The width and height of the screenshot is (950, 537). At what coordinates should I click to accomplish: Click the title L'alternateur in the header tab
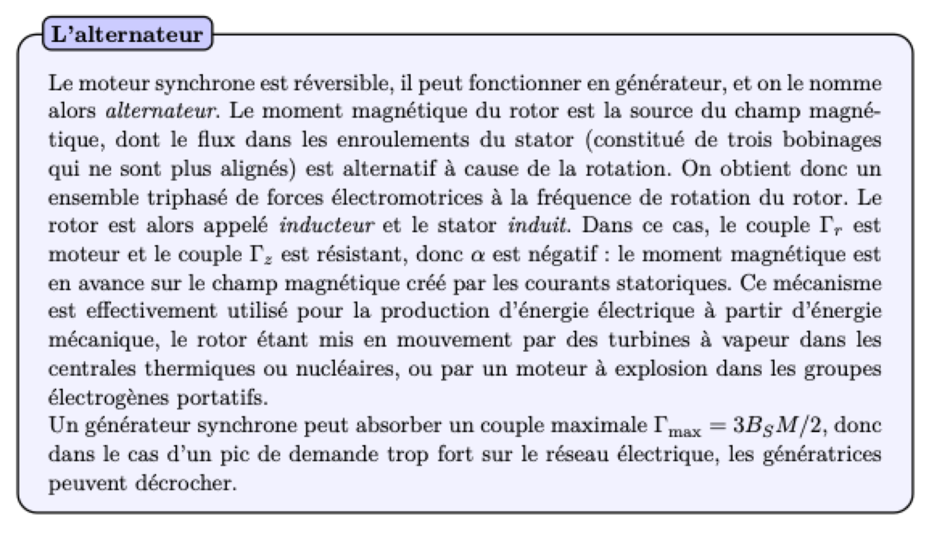(x=127, y=34)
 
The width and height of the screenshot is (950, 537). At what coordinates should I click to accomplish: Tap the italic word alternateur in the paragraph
(x=161, y=111)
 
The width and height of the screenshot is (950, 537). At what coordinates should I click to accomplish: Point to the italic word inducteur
(x=326, y=225)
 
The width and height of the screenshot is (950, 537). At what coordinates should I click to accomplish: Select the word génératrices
(x=822, y=455)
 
